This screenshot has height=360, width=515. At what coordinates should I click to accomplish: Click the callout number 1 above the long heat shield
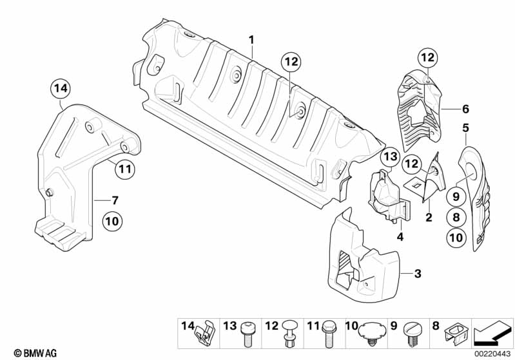(x=252, y=40)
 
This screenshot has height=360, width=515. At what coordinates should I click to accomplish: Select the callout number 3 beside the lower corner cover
(x=418, y=274)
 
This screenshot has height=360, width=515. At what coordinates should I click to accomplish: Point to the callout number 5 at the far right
(x=465, y=128)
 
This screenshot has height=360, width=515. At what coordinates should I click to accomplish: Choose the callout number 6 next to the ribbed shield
(x=465, y=109)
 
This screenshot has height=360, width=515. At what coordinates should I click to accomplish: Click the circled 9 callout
(x=455, y=198)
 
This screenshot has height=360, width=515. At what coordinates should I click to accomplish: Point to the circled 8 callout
(x=455, y=218)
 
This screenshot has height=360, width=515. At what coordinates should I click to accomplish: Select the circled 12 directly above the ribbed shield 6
(x=427, y=57)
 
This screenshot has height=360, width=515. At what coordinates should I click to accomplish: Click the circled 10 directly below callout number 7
(x=112, y=222)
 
